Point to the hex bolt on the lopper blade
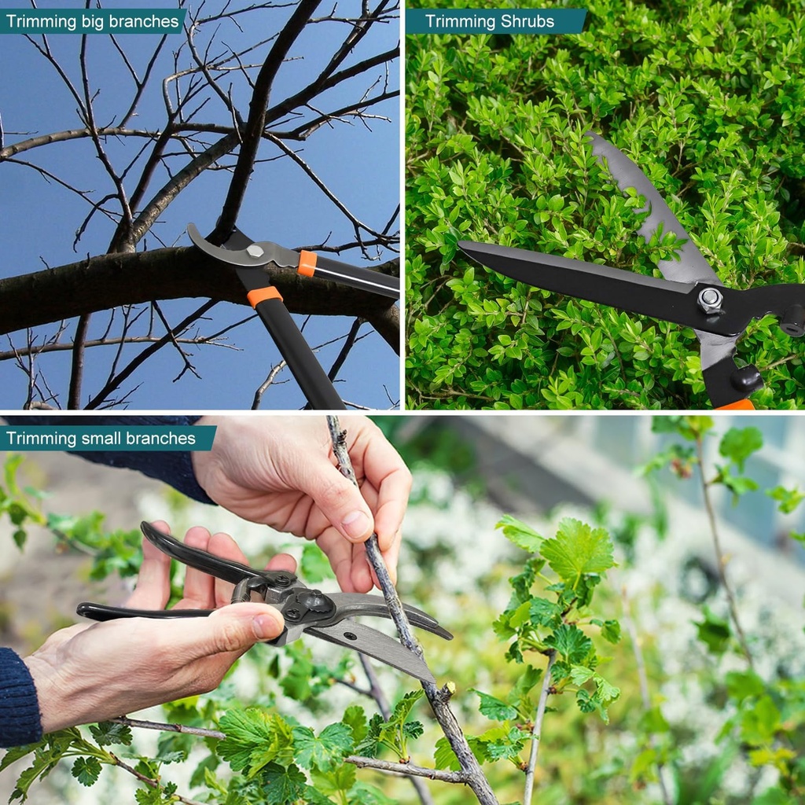(255, 251)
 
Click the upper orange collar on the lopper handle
(307, 263)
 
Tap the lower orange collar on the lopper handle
(265, 296)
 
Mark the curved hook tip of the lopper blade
(191, 228)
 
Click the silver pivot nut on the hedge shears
(710, 300)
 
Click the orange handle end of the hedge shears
(736, 405)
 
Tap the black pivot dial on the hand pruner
(311, 603)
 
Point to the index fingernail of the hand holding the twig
(358, 524)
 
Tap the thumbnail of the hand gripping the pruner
(266, 627)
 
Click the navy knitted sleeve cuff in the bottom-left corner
(19, 697)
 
